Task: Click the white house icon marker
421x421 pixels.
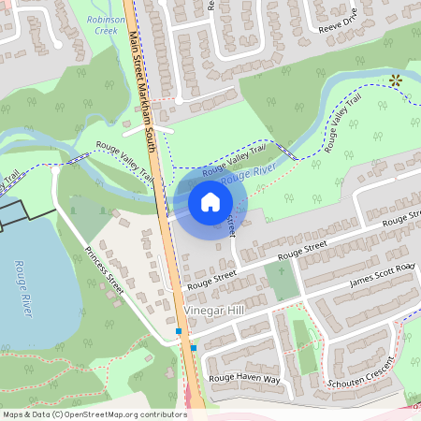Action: coord(210,201)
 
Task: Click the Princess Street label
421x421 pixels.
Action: coord(104,271)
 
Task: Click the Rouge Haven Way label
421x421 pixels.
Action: coord(244,379)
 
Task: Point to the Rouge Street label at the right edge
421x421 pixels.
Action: coord(400,220)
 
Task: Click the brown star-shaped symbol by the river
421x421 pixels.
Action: coord(395,80)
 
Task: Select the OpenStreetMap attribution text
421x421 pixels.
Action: coord(94,414)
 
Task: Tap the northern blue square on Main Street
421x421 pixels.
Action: coord(178,331)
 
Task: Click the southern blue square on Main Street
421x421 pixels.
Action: coord(194,348)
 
